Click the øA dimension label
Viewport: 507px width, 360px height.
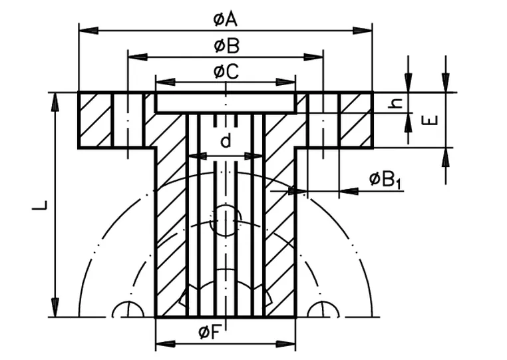226,19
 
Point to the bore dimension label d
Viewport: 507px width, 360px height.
226,141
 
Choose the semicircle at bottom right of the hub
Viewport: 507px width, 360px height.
323,310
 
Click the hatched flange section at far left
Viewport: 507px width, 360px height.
95,120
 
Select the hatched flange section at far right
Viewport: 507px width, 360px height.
355,120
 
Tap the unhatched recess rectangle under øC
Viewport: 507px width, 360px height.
225,102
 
